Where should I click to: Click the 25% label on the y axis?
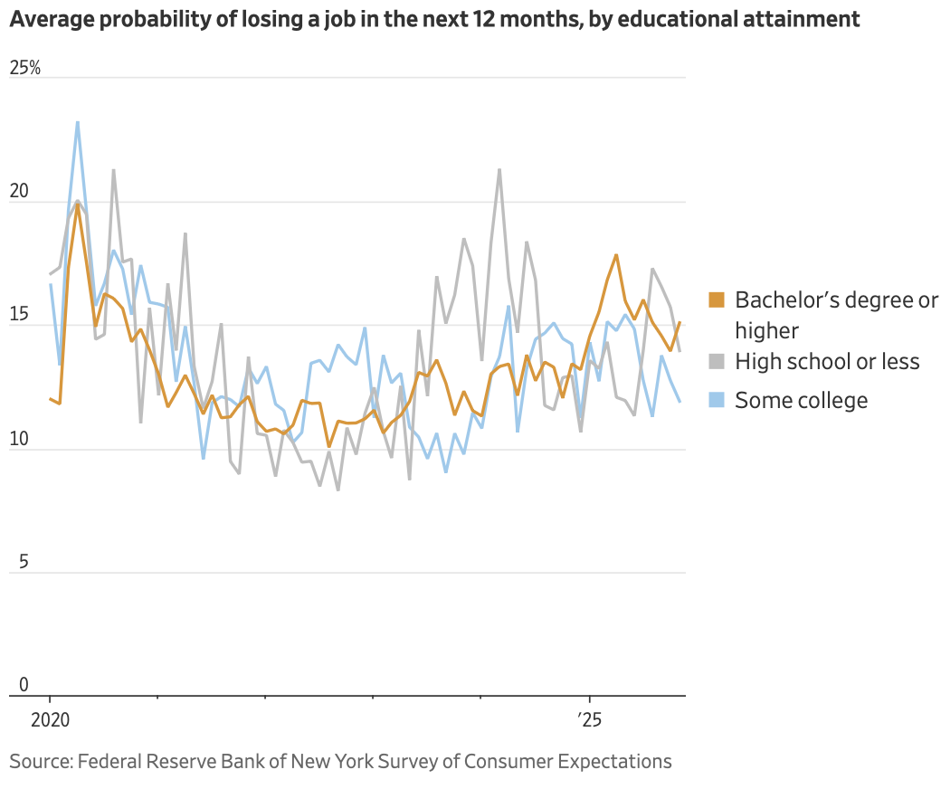pos(25,68)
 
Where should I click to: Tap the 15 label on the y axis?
pos(19,315)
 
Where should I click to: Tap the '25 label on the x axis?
pos(590,721)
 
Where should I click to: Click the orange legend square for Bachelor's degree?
pos(717,299)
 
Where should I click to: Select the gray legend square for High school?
pos(717,362)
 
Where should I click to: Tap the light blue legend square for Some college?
pos(717,400)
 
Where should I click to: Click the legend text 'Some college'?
pos(801,400)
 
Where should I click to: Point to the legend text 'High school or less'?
pos(827,362)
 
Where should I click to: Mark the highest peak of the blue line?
pos(78,122)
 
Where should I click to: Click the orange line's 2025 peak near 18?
pos(616,255)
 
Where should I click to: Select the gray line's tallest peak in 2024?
pos(499,169)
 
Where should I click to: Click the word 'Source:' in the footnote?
pos(40,761)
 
